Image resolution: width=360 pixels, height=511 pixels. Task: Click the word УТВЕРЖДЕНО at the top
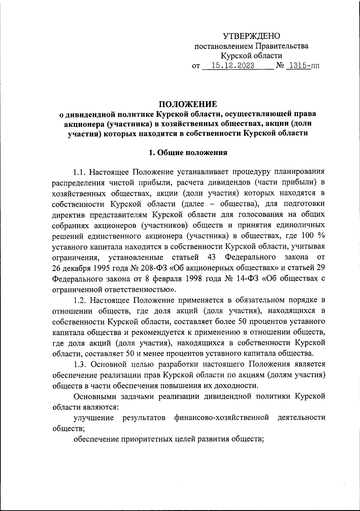point(251,36)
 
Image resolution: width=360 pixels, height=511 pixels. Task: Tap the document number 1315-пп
point(302,65)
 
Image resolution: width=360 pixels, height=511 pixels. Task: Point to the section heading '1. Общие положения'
point(188,153)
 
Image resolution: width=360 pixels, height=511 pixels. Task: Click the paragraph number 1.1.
point(80,172)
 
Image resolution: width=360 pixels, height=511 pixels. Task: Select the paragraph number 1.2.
point(80,300)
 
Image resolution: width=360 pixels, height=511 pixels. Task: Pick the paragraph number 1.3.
point(80,364)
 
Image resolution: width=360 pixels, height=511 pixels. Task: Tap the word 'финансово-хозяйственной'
point(221,418)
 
